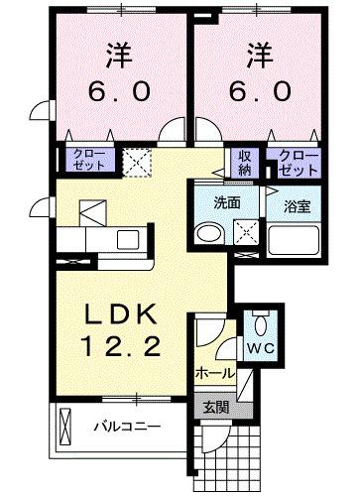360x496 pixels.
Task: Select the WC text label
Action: [x=260, y=348]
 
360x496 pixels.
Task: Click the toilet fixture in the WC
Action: [x=260, y=324]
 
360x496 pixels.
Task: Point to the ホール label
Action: [x=215, y=374]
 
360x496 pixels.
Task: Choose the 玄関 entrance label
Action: [x=216, y=405]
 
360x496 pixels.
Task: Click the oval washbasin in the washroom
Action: [x=210, y=234]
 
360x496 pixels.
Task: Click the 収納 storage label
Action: [x=243, y=161]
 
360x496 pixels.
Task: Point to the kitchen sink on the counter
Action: [x=127, y=238]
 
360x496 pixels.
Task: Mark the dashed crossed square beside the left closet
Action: [x=135, y=160]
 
